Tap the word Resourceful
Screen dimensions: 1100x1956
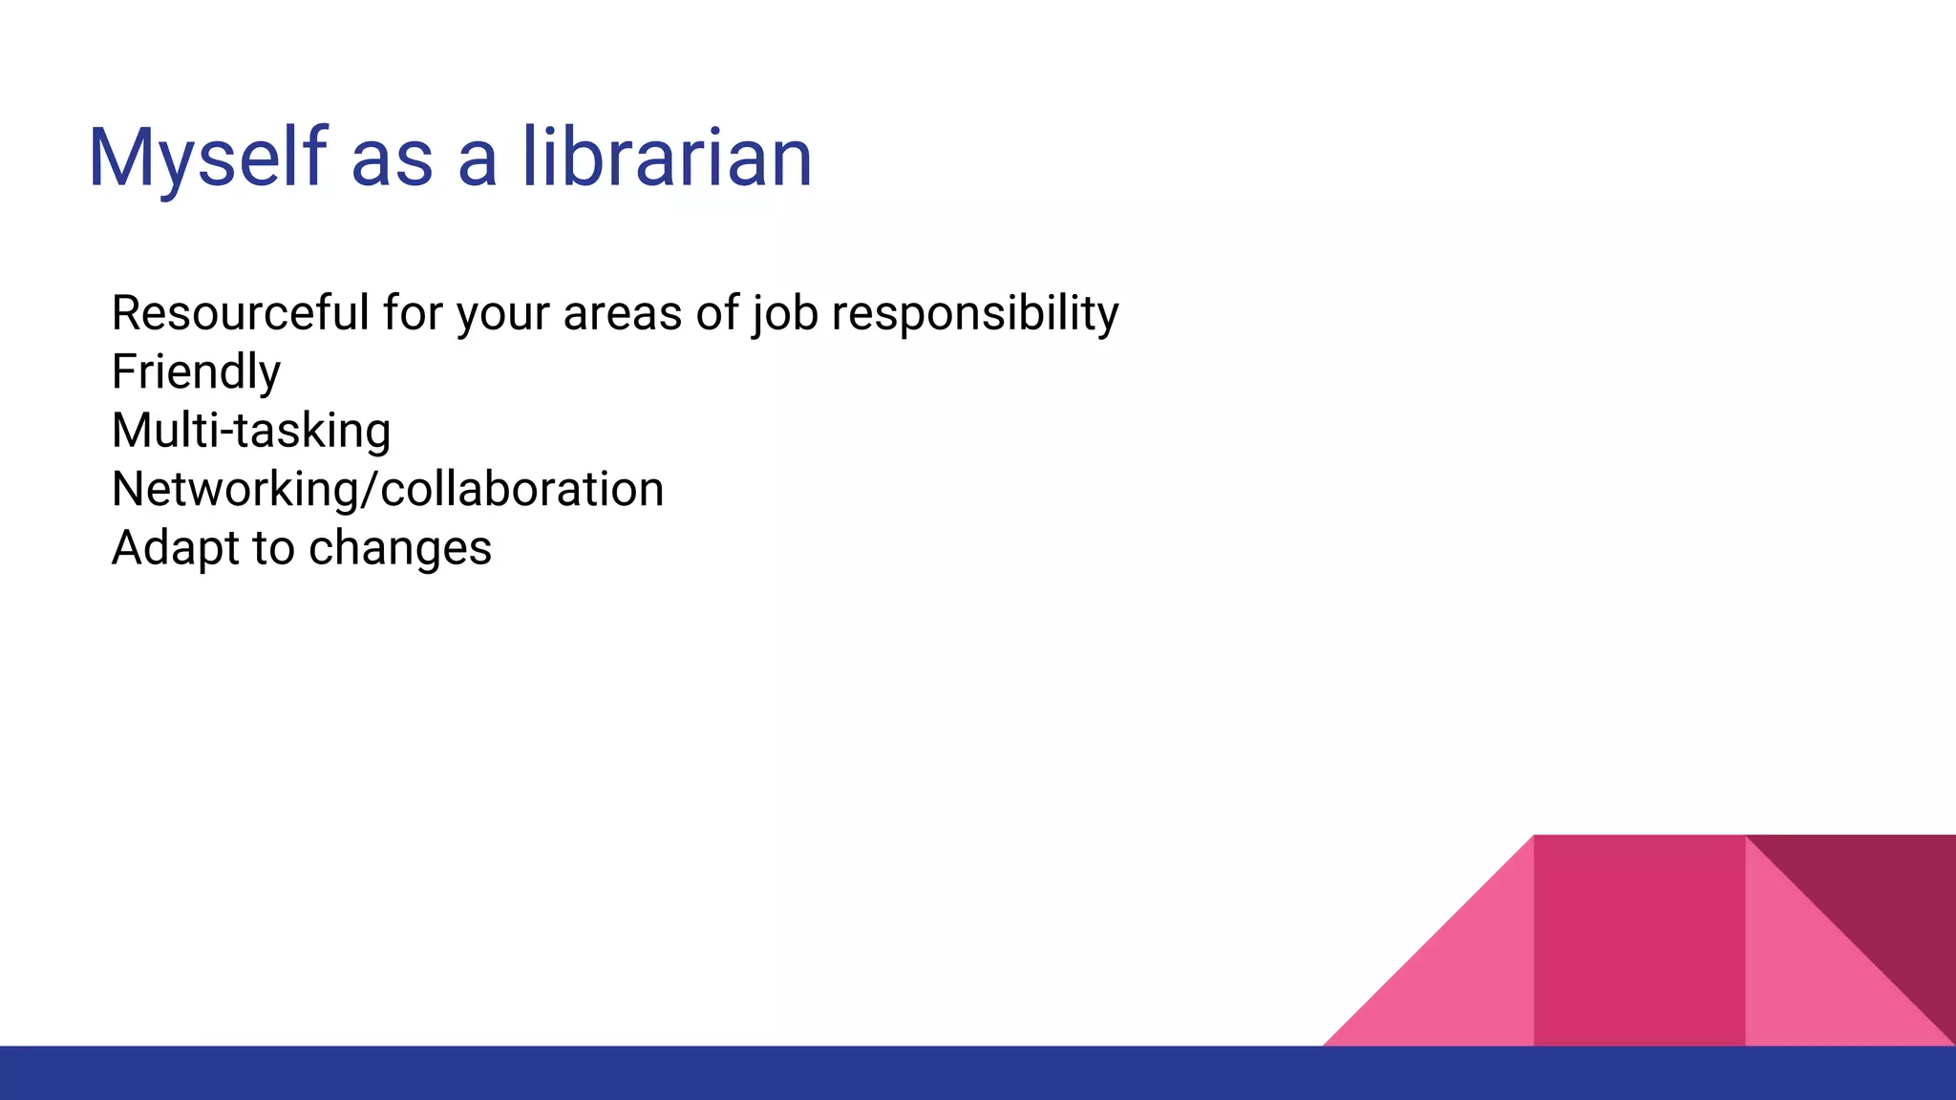click(240, 313)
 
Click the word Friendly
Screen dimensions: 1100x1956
click(196, 371)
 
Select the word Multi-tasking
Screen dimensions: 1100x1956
click(251, 431)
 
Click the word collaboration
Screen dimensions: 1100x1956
click(521, 489)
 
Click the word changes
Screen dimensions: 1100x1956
click(399, 548)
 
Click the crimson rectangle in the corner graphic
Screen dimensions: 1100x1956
click(1639, 941)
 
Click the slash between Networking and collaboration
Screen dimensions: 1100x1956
click(369, 489)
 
